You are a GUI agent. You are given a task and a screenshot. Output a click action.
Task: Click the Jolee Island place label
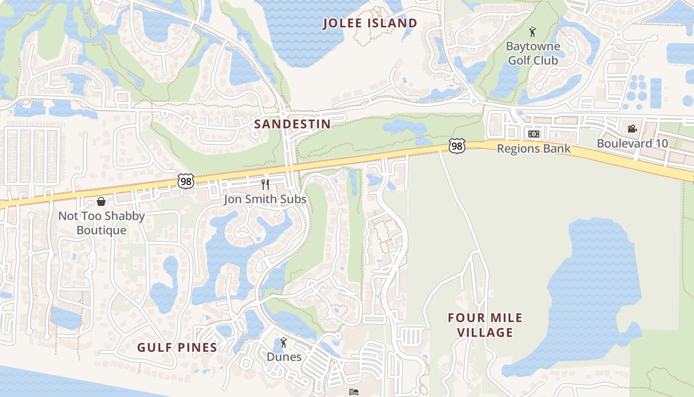click(x=370, y=23)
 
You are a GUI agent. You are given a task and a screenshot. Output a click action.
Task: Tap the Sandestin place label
click(x=292, y=124)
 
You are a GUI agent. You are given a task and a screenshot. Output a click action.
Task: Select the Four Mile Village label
click(x=485, y=325)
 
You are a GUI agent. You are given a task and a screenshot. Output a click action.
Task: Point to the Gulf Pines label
click(x=177, y=347)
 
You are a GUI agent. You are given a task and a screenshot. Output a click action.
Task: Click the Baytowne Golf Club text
click(x=533, y=54)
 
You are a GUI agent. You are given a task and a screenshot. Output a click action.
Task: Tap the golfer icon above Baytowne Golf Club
click(x=532, y=33)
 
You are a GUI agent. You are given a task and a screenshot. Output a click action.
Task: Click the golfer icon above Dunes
click(x=284, y=342)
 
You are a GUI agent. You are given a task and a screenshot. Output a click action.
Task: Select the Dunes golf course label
click(x=284, y=357)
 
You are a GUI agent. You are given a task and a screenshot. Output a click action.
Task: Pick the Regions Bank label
click(x=533, y=148)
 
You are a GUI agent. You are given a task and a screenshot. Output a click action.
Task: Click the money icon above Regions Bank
click(x=533, y=134)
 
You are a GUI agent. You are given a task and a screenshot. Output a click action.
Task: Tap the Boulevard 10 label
click(x=632, y=143)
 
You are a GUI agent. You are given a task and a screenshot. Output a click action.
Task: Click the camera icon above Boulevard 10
click(x=632, y=129)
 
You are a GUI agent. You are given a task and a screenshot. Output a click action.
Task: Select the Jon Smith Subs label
click(x=265, y=199)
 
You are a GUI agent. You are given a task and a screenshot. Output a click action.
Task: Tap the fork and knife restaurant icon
click(x=265, y=185)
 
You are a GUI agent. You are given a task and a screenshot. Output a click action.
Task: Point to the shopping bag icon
click(x=101, y=201)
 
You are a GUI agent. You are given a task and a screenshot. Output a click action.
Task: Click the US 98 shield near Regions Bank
click(x=457, y=146)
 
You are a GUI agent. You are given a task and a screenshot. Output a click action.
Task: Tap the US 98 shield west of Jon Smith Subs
click(x=186, y=182)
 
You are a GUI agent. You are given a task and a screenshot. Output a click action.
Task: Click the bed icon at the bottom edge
click(x=353, y=392)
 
